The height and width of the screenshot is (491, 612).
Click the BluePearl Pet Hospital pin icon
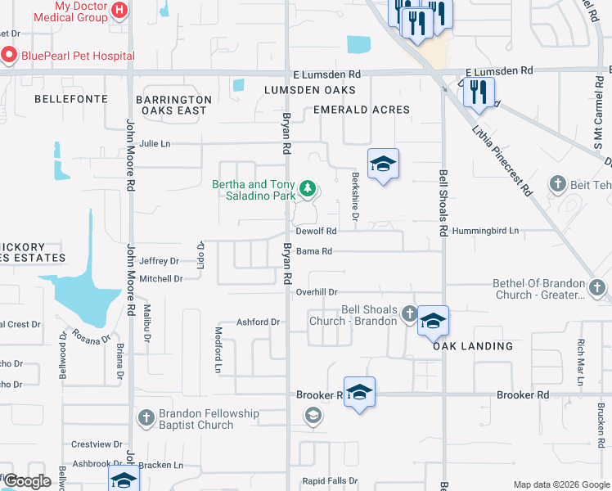(x=9, y=56)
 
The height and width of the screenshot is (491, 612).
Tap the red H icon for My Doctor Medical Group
(x=119, y=11)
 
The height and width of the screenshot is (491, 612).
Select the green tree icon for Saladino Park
(x=308, y=190)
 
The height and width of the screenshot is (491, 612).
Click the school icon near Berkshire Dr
(x=382, y=164)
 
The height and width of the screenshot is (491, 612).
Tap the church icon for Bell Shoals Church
(x=410, y=312)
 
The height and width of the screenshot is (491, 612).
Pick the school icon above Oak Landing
(x=433, y=321)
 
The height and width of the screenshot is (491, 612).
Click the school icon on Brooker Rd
(x=359, y=393)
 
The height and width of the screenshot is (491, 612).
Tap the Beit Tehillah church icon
(x=559, y=183)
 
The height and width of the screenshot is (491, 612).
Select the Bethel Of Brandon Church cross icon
(x=596, y=288)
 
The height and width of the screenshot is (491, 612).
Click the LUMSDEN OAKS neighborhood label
(x=310, y=89)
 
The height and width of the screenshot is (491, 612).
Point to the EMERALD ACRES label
(x=362, y=110)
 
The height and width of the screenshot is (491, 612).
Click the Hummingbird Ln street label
(x=485, y=232)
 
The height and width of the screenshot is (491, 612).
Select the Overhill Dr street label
(x=317, y=292)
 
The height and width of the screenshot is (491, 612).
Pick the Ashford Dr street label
(x=258, y=322)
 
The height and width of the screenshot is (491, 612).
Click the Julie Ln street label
(x=155, y=143)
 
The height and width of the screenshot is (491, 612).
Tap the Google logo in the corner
(x=28, y=481)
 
